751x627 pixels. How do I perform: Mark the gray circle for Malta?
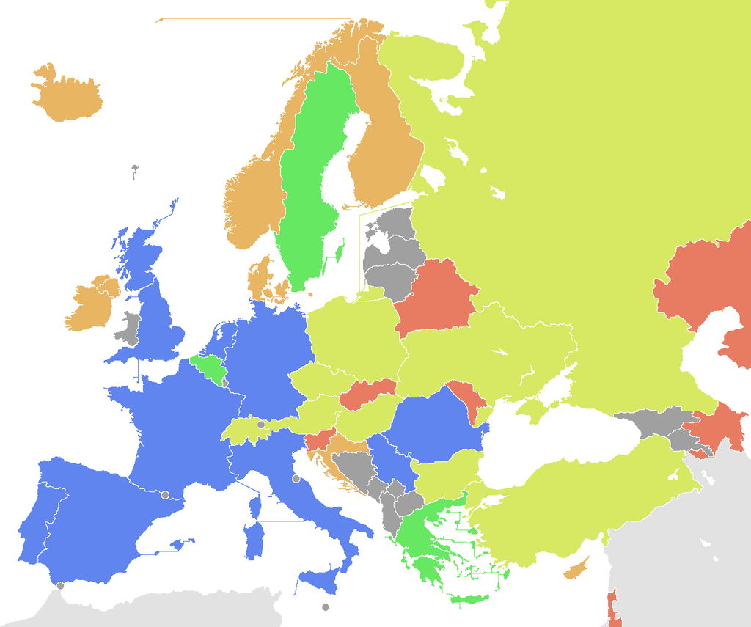click(x=326, y=607)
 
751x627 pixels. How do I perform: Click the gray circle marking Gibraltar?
click(x=60, y=585)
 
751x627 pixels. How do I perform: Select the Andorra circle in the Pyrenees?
click(x=165, y=494)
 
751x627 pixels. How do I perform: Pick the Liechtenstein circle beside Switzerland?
click(x=260, y=425)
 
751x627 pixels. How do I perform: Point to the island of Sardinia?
click(x=254, y=539)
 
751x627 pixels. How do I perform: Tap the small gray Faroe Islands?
click(x=135, y=172)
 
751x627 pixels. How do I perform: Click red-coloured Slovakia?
click(x=367, y=394)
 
